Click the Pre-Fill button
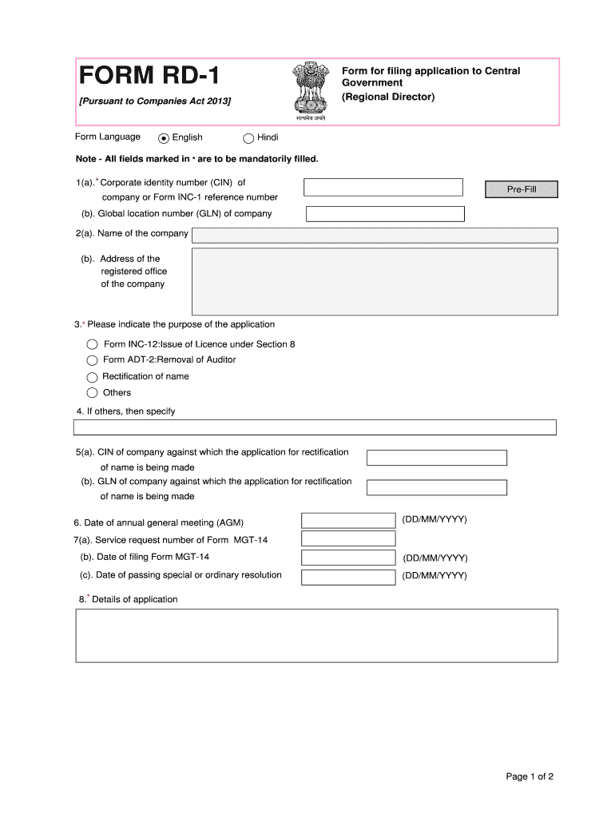coord(522,189)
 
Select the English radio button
coord(165,137)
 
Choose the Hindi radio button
coord(248,137)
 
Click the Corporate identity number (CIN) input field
coord(383,187)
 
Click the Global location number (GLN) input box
coord(385,214)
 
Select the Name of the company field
coord(375,235)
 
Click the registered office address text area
coord(375,280)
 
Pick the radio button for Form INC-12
coord(92,344)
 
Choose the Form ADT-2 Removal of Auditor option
coord(92,360)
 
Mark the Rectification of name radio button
coord(92,377)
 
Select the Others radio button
coord(92,393)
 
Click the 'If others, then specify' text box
coord(315,427)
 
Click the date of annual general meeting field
coord(348,521)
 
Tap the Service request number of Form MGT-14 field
coord(348,540)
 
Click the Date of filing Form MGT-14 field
coord(348,558)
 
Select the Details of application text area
coord(316,635)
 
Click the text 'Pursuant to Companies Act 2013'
coord(154,101)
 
